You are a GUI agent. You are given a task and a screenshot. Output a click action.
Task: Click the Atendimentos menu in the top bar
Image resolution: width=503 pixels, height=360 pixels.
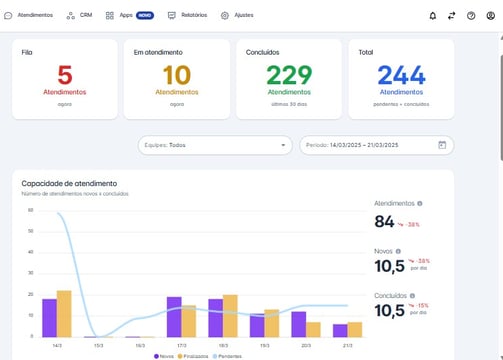(29, 16)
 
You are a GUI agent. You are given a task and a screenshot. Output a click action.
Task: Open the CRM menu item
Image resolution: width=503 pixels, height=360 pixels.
(81, 16)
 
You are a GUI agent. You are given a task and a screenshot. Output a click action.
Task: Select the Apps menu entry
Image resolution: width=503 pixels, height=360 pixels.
(125, 16)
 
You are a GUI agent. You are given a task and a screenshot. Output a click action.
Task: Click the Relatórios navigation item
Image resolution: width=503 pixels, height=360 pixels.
(188, 16)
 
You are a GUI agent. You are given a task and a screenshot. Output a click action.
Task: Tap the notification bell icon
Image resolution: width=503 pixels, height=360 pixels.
(433, 16)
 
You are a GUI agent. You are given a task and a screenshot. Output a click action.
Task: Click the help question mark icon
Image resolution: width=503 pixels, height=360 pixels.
(471, 16)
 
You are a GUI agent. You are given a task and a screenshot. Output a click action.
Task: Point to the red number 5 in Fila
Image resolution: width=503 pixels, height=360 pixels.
(65, 75)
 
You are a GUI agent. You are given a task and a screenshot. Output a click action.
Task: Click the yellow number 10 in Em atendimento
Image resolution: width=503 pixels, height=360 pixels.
(176, 75)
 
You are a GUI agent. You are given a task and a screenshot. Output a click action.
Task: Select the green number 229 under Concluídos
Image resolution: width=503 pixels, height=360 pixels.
(289, 75)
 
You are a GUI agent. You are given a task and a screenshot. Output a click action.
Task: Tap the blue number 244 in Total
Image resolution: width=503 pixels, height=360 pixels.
(401, 75)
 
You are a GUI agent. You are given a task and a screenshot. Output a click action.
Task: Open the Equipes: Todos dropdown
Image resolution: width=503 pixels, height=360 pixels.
(214, 145)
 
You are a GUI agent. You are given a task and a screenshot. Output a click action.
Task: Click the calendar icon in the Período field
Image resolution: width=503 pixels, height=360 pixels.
(442, 145)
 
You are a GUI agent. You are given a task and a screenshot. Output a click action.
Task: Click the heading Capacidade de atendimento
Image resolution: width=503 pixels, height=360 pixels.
(69, 183)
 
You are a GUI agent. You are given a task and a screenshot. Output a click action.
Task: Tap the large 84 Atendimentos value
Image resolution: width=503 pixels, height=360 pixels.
(385, 222)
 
